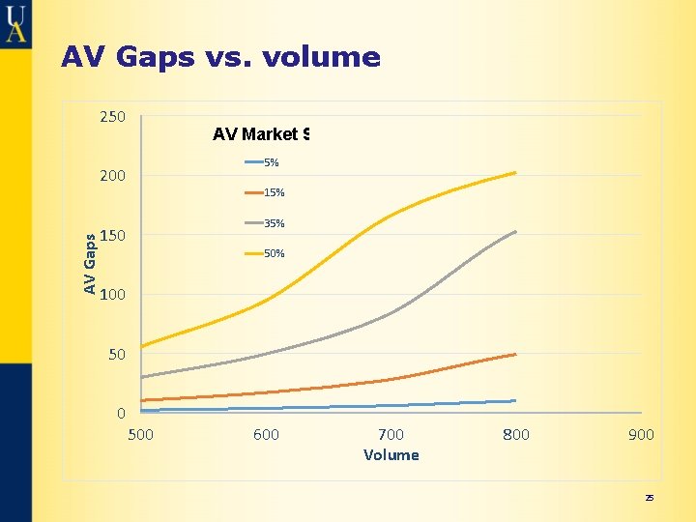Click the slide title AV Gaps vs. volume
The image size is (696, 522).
click(x=220, y=58)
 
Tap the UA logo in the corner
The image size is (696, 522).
click(x=15, y=22)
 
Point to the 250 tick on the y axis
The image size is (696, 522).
click(x=112, y=117)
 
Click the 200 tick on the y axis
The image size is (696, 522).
click(x=112, y=176)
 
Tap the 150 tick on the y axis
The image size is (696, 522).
click(x=112, y=236)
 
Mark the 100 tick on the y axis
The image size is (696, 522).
click(x=112, y=295)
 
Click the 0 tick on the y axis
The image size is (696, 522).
click(x=120, y=414)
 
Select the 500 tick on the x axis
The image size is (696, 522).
click(x=141, y=435)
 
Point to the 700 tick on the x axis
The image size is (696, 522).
click(x=391, y=435)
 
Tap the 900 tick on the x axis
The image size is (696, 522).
click(x=641, y=435)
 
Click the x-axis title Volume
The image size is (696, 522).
click(x=391, y=455)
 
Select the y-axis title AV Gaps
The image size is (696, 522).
click(x=89, y=263)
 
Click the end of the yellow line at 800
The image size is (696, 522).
click(x=515, y=173)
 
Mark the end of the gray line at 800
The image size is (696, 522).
click(x=515, y=232)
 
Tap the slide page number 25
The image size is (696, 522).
click(x=650, y=498)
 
